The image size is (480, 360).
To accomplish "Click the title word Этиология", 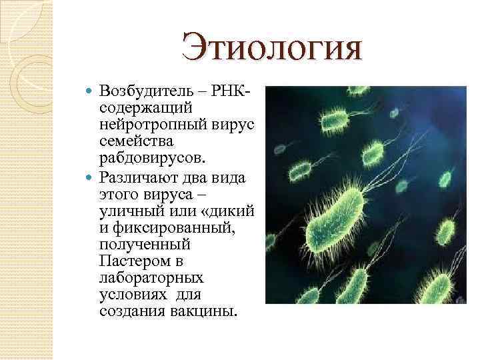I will tap(272, 49).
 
